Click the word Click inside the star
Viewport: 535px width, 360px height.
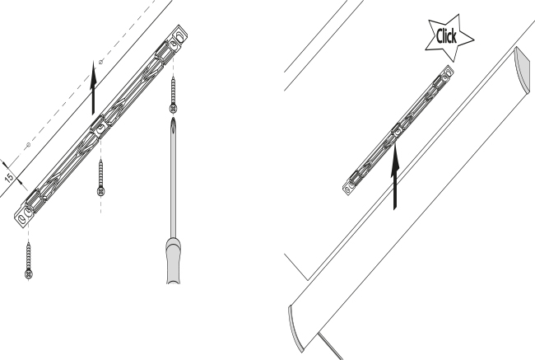click(x=446, y=36)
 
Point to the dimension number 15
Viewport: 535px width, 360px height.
click(x=9, y=178)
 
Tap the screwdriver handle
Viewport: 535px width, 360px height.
click(x=174, y=261)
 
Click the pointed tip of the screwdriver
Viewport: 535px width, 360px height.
click(x=174, y=118)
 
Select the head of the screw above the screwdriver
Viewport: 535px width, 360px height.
click(x=174, y=109)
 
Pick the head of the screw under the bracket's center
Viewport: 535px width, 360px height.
click(x=100, y=191)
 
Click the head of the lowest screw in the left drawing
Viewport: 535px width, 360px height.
click(x=29, y=274)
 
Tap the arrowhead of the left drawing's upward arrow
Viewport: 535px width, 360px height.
click(x=93, y=72)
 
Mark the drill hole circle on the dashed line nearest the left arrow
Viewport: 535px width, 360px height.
click(x=100, y=62)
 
